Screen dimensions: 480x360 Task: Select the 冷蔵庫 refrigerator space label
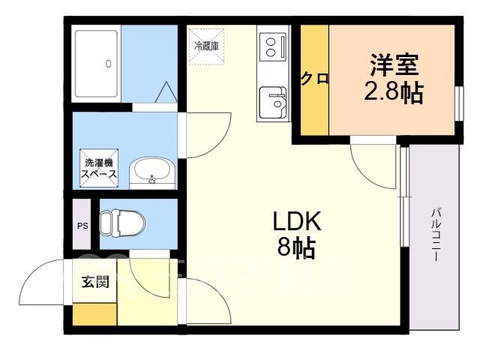click(207, 46)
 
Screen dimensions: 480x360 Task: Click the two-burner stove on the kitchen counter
click(273, 47)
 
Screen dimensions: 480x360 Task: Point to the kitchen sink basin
click(273, 103)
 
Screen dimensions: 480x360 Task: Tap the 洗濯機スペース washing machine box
click(99, 168)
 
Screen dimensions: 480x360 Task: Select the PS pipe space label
click(82, 226)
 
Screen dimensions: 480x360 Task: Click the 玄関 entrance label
click(95, 282)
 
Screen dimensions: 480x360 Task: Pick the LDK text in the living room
click(297, 220)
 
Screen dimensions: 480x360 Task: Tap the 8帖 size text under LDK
click(296, 247)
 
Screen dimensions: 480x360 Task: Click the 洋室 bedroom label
click(394, 64)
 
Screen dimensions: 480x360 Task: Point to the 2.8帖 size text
click(394, 91)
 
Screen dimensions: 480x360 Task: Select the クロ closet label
click(315, 79)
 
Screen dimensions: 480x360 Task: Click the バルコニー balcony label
click(436, 235)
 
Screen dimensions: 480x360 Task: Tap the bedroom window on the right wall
click(459, 103)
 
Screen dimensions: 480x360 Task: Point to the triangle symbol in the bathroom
click(166, 91)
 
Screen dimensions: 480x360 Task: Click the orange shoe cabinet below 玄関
click(94, 314)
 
